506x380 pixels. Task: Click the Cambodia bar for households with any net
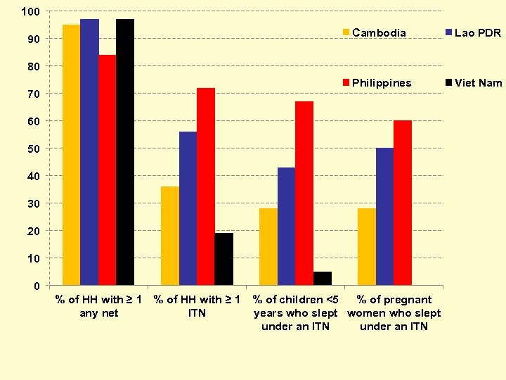[x=71, y=155]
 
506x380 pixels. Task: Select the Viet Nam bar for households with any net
[x=125, y=152]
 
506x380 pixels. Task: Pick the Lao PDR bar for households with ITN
[x=188, y=208]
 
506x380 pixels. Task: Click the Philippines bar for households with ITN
[x=206, y=186]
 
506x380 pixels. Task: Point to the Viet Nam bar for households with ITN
[x=223, y=259]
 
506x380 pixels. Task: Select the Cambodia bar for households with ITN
[x=170, y=236]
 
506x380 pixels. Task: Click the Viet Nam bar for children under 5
[x=322, y=279]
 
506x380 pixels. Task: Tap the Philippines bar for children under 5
[x=304, y=194]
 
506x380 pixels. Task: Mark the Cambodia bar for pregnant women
[x=366, y=247]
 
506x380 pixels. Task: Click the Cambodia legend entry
[x=378, y=32]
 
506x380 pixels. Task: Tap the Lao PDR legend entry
[x=477, y=32]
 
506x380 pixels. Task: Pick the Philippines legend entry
[x=381, y=83]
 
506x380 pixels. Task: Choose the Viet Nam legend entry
[x=478, y=83]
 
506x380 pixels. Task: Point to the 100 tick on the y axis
[x=30, y=11]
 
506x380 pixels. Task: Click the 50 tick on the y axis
[x=32, y=148]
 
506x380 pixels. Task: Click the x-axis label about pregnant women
[x=394, y=313]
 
